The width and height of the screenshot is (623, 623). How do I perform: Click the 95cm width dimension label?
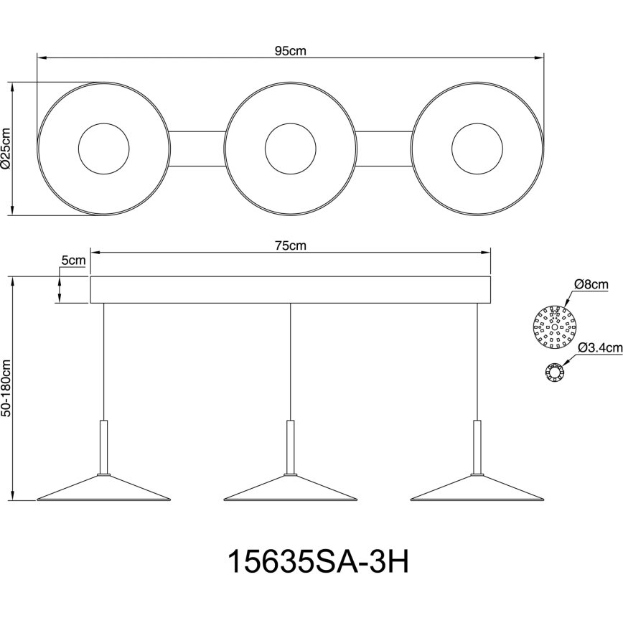tap(291, 50)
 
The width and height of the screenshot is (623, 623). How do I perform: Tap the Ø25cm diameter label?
tap(6, 149)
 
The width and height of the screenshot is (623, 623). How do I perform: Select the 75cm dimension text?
tap(291, 245)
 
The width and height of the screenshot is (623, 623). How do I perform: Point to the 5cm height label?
tap(73, 261)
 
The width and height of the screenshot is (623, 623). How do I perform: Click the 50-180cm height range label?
tap(6, 388)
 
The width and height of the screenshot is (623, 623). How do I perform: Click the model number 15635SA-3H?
tap(317, 562)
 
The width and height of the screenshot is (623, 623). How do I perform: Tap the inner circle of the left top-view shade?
tap(103, 149)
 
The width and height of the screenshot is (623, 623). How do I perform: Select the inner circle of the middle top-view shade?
tap(290, 149)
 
